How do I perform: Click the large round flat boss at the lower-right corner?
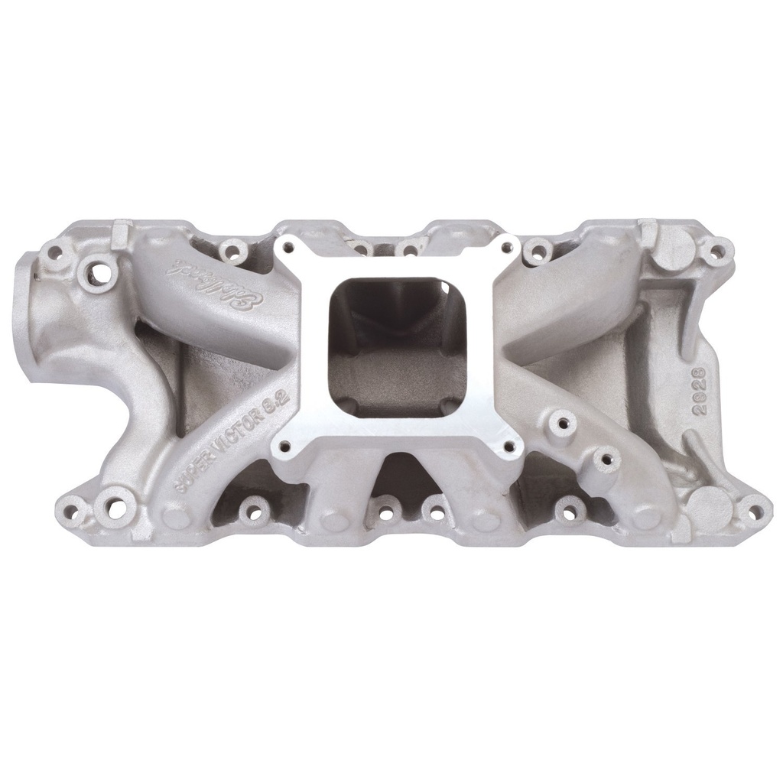pos(710,505)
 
